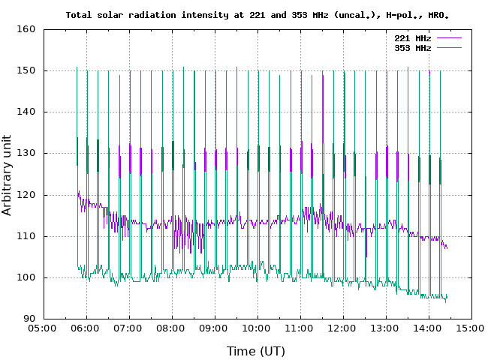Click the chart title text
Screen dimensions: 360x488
coord(262,15)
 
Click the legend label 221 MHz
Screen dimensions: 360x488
coord(412,37)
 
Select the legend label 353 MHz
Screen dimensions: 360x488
coord(412,47)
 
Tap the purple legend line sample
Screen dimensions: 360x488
coord(447,37)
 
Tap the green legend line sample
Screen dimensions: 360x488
coord(447,47)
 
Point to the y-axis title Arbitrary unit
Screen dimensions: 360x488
coord(8,174)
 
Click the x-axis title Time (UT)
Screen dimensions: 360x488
coord(257,350)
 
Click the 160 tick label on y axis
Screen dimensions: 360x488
coord(26,29)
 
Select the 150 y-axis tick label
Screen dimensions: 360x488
coord(26,70)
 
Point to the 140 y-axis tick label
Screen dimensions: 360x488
coord(26,112)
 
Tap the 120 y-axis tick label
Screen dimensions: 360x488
coord(26,195)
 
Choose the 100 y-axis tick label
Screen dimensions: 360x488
coord(26,277)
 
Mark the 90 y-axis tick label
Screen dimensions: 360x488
coord(29,319)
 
